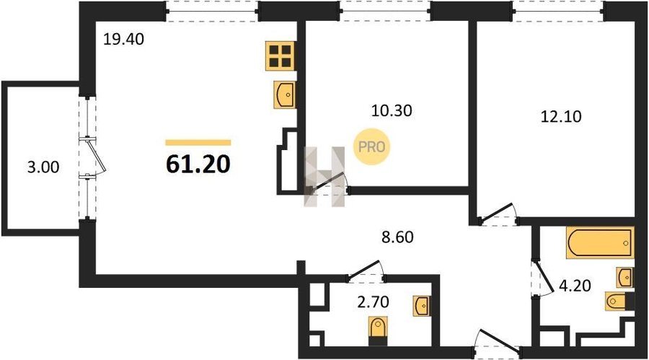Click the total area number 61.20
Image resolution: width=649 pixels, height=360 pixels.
tap(198, 164)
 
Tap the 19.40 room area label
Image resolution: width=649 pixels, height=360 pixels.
tap(123, 40)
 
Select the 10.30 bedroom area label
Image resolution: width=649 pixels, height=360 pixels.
tap(392, 110)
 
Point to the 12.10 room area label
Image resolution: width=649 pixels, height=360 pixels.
tap(561, 116)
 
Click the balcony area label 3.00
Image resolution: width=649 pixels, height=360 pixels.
tap(43, 167)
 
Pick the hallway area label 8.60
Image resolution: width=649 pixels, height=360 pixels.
tap(397, 237)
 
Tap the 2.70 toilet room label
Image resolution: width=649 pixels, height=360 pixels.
tap(373, 302)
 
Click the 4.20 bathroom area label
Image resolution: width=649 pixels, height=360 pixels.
tap(575, 286)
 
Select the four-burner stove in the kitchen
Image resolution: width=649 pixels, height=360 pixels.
tap(281, 56)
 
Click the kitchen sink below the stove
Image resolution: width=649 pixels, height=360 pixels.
tap(285, 95)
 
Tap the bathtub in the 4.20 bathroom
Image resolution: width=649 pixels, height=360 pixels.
tap(600, 242)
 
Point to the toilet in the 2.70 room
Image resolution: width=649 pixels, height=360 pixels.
tap(378, 330)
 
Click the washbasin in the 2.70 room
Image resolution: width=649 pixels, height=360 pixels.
tap(422, 306)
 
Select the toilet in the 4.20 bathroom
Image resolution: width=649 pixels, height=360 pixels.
tap(619, 301)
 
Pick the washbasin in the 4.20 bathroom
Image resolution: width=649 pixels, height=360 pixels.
tap(625, 277)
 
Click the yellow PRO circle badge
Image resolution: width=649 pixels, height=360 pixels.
tap(371, 146)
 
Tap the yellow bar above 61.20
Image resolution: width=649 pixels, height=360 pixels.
tap(198, 143)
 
